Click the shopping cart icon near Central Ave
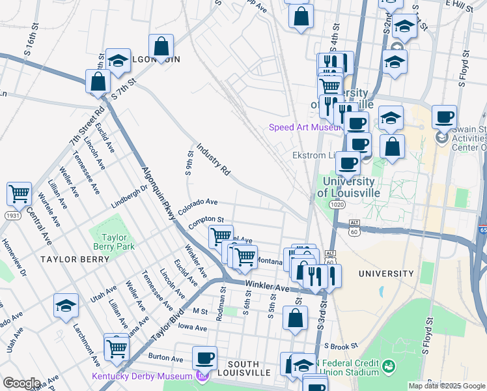[x=20, y=194]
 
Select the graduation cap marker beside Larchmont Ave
[x=66, y=306]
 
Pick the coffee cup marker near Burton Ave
[x=205, y=358]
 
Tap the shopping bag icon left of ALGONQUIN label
[x=98, y=82]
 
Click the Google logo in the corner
[x=22, y=383]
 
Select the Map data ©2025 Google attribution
[x=447, y=386]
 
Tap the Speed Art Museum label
[x=304, y=127]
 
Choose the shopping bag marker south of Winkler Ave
[x=295, y=319]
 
